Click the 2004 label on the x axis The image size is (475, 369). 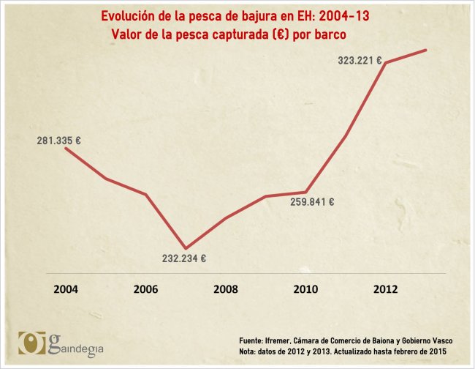[66, 288]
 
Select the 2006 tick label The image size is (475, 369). [145, 288]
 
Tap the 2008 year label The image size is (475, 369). [226, 288]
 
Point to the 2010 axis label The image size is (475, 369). [305, 288]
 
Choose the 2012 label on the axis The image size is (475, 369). [385, 288]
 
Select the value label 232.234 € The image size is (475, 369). [184, 258]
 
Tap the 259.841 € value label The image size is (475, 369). [312, 203]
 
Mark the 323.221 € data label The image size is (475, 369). [360, 61]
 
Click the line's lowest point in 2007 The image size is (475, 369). [186, 248]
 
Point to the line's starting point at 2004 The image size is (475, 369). [66, 148]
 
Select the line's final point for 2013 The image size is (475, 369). [426, 50]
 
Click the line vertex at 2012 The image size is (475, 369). [386, 62]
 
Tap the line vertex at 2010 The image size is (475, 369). [305, 192]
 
